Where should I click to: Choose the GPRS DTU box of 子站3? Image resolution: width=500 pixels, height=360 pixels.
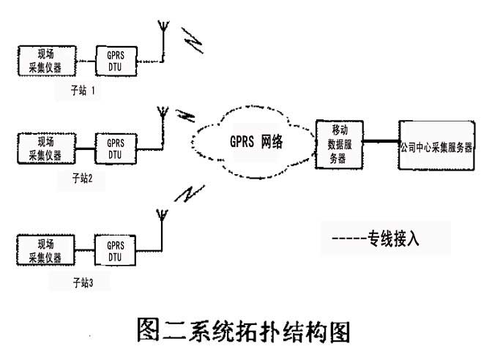[x=115, y=248]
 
